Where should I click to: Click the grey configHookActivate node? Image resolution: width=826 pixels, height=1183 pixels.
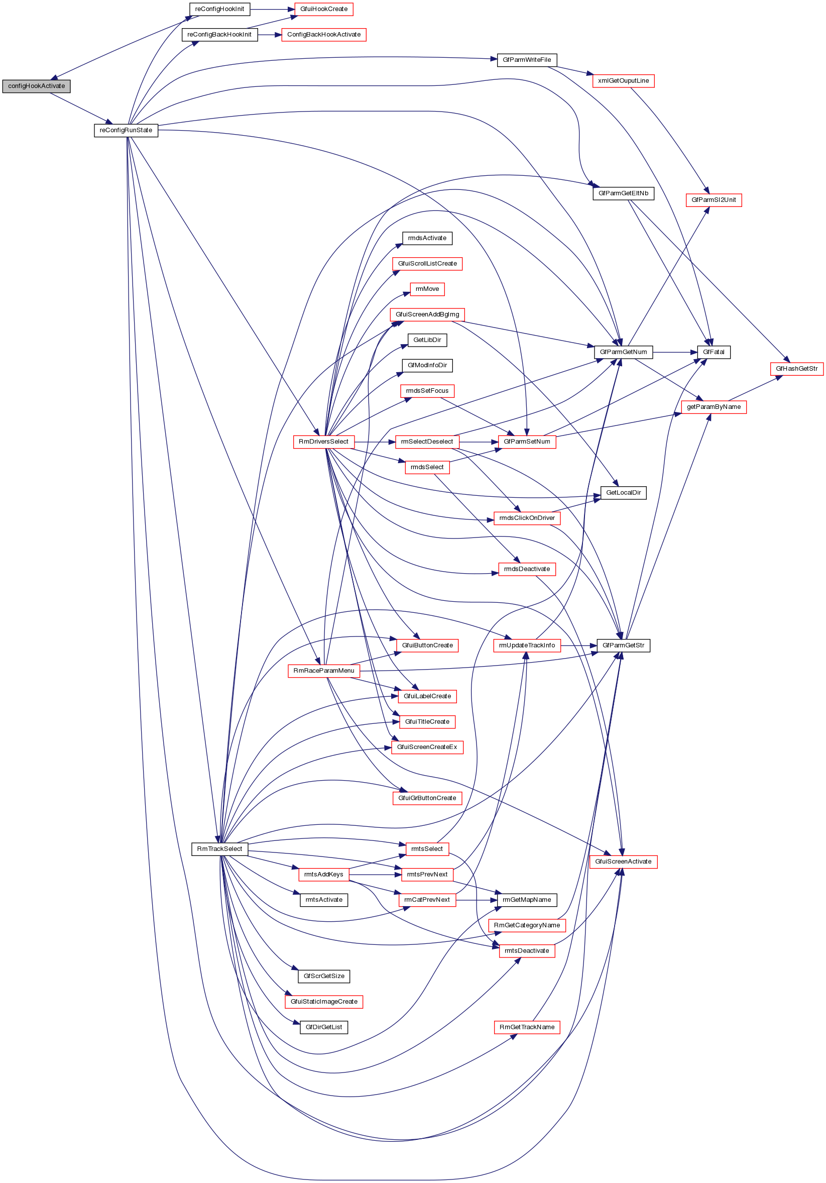[36, 86]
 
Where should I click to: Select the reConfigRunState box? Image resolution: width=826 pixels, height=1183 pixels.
[126, 131]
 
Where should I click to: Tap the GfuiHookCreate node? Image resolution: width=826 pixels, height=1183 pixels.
[323, 9]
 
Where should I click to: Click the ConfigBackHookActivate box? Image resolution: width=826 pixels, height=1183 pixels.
[323, 35]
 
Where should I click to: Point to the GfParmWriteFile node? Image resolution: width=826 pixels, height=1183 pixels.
[526, 60]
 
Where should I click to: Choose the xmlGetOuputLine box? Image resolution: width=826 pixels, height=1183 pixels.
[623, 81]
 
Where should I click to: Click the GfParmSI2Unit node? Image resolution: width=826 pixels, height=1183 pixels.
[713, 200]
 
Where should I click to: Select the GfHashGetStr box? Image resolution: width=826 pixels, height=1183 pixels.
[796, 368]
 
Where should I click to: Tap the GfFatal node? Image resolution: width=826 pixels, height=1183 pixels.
[713, 352]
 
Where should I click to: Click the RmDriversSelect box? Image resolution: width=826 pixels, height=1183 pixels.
[323, 442]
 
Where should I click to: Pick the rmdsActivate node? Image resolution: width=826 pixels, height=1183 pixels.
[427, 238]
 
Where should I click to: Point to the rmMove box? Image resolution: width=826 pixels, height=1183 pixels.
[427, 289]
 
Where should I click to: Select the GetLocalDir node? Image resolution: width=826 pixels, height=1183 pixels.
[623, 493]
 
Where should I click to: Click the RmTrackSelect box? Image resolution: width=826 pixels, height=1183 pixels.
[219, 848]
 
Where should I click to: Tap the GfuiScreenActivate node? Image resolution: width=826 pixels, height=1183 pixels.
[623, 862]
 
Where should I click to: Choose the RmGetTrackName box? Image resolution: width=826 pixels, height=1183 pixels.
[526, 1027]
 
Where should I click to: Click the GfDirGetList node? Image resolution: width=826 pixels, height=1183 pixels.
[323, 1027]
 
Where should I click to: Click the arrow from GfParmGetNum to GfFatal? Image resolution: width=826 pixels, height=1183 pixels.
[674, 352]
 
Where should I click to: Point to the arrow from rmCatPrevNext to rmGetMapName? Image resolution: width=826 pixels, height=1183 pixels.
[477, 900]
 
